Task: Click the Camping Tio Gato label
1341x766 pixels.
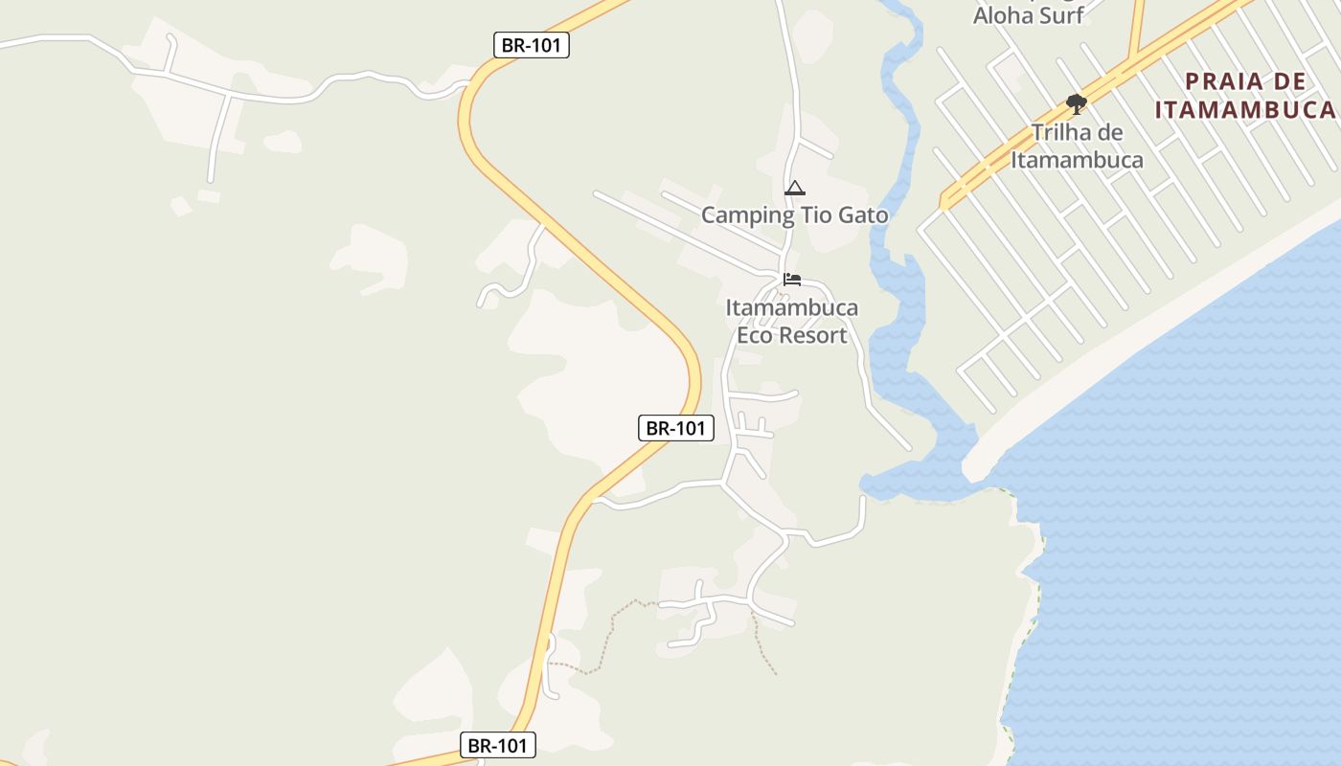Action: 794,214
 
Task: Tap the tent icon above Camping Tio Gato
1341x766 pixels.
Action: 794,188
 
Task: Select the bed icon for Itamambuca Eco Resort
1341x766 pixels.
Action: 792,280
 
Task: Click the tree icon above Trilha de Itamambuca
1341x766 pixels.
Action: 1077,103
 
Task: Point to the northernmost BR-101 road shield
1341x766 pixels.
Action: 532,45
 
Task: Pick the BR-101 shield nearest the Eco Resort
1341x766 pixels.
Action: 675,428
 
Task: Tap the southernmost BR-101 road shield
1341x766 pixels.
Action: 498,745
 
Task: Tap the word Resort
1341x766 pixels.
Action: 812,335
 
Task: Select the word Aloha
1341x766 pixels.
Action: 1002,14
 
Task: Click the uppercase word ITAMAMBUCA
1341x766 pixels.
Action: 1244,109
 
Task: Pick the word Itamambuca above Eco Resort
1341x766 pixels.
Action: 792,308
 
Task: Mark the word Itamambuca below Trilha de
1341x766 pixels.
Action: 1077,159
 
